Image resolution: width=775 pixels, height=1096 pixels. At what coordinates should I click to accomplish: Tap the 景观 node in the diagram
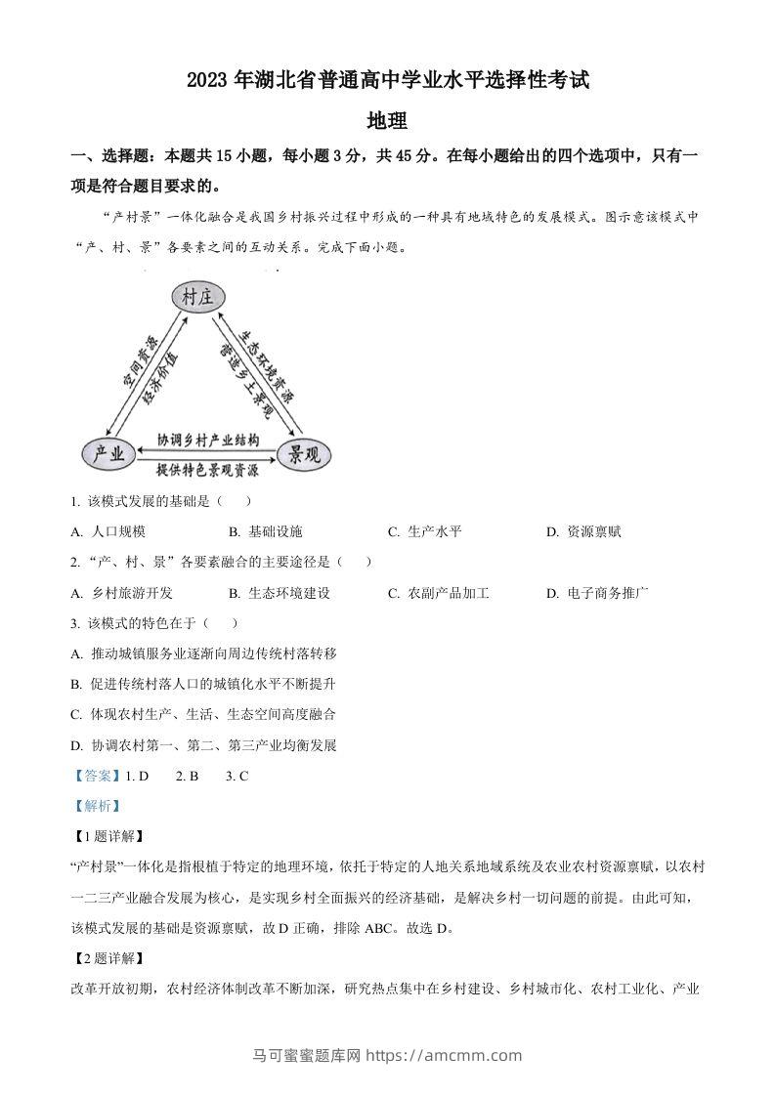pos(306,453)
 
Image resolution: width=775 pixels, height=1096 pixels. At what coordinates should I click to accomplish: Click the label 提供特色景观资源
pos(208,470)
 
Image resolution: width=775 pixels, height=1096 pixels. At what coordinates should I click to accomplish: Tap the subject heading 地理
pos(386,121)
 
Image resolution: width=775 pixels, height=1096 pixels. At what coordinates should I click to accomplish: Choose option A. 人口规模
pos(108,531)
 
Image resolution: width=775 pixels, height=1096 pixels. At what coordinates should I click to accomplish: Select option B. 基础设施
pos(266,531)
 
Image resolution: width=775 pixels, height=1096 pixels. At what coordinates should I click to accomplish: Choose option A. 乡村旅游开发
pos(122,592)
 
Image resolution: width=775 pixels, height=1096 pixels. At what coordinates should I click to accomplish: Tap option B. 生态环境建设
pos(280,592)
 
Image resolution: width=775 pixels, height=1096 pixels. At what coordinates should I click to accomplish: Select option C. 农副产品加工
pos(438,592)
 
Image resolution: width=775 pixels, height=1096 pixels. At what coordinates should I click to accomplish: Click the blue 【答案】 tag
pos(96,776)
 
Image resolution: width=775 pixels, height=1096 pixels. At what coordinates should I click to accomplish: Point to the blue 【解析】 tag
pos(96,806)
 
